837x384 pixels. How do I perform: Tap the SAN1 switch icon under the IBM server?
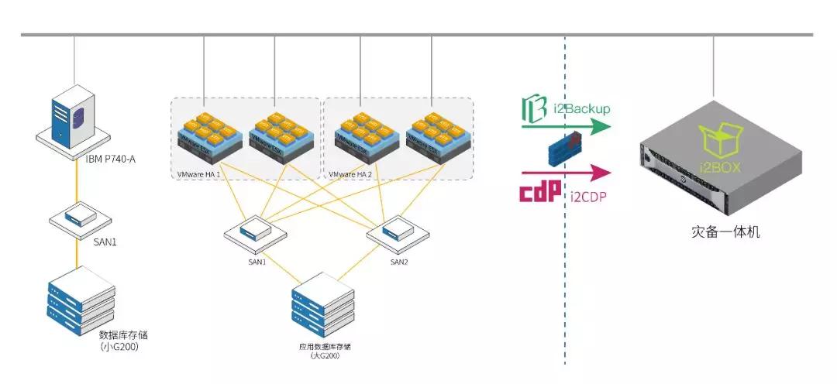(x=75, y=218)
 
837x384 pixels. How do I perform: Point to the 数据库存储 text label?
(x=123, y=335)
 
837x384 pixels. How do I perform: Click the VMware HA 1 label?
(x=199, y=176)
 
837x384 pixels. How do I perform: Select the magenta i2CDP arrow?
(x=566, y=171)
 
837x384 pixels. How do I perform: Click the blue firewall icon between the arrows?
(x=564, y=149)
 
